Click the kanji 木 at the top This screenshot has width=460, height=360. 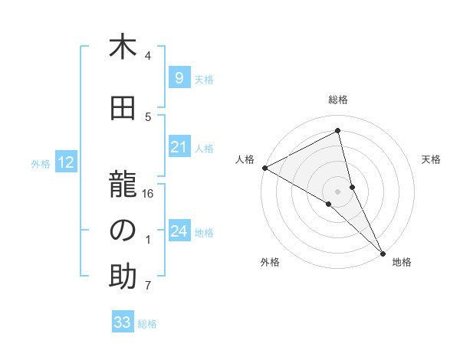123,47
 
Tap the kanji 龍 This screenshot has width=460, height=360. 123,185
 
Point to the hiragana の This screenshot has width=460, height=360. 123,231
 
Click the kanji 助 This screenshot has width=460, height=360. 123,277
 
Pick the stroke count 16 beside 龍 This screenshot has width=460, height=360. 149,194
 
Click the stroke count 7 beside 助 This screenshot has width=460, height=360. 149,286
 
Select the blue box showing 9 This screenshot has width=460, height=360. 179,78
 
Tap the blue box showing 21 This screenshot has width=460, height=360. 179,147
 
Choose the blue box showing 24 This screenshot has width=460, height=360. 179,231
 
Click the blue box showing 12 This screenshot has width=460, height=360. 66,162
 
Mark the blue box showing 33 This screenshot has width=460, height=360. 122,322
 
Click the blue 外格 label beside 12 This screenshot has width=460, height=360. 41,163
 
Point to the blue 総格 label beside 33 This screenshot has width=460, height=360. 147,324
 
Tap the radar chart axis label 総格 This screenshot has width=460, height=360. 338,100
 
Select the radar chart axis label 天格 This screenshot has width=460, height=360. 432,159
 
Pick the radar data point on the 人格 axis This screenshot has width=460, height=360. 264,168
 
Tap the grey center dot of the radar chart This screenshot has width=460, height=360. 337,190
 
